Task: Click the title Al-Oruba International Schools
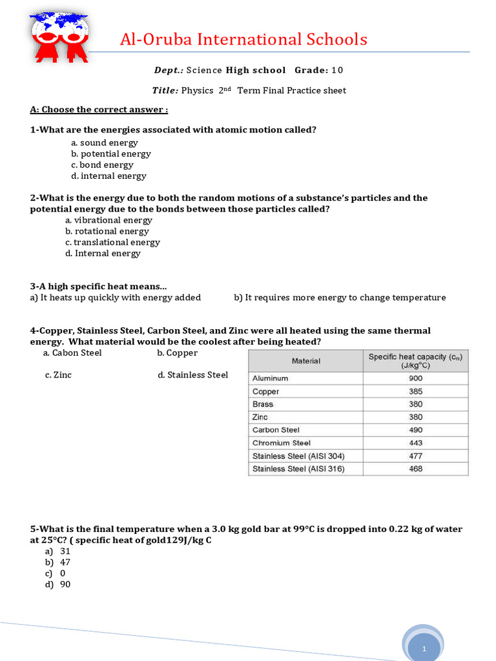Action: pyautogui.click(x=243, y=39)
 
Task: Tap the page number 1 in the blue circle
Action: pyautogui.click(x=424, y=647)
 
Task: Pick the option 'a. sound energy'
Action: pyautogui.click(x=104, y=143)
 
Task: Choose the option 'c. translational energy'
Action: pyautogui.click(x=112, y=242)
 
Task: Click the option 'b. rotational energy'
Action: pyautogui.click(x=107, y=231)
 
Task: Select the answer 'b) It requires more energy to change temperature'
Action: pyautogui.click(x=340, y=298)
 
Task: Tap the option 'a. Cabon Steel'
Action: pyautogui.click(x=72, y=353)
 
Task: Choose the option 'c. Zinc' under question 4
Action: pyautogui.click(x=58, y=375)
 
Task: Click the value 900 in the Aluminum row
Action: pyautogui.click(x=415, y=378)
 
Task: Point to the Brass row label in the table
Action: pyautogui.click(x=263, y=404)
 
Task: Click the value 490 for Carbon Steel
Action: pyautogui.click(x=415, y=430)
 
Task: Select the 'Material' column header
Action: pyautogui.click(x=305, y=361)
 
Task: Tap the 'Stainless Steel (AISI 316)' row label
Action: pyautogui.click(x=298, y=469)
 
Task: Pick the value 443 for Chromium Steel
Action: pyautogui.click(x=415, y=443)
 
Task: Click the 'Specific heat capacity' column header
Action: pyautogui.click(x=415, y=360)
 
